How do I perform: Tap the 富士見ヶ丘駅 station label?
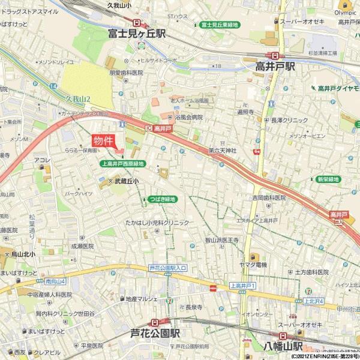coord(137,34)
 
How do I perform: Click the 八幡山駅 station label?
coord(284,347)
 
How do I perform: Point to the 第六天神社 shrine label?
coord(223,149)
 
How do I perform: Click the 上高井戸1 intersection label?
coord(243,286)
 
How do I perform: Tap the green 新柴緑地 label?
coord(328,179)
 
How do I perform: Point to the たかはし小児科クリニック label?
coord(157,222)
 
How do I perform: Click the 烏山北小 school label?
coord(23,254)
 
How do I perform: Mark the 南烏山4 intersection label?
coord(55,280)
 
